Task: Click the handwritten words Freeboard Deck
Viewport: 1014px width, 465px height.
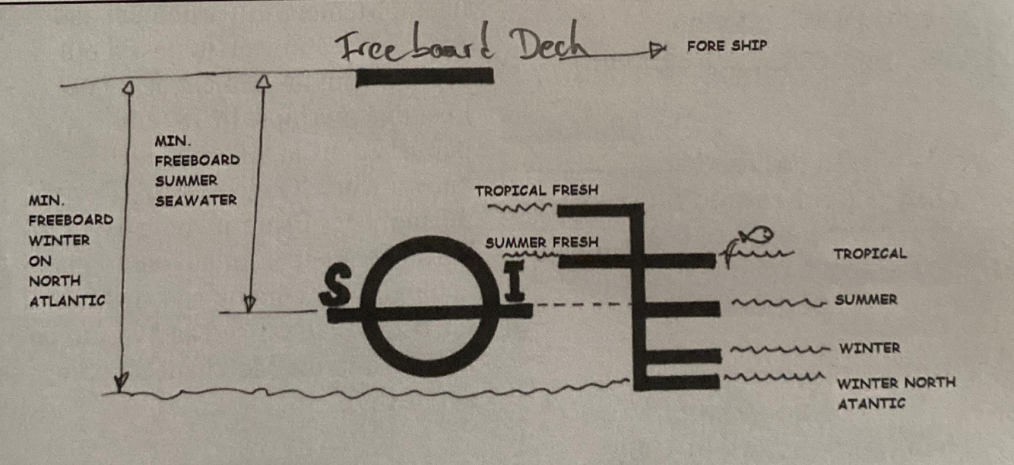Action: (x=464, y=47)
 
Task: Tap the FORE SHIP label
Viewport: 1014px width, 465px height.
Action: (x=727, y=46)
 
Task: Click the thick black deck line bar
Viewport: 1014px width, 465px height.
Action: (x=424, y=76)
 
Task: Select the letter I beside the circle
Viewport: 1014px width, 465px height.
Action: (x=516, y=287)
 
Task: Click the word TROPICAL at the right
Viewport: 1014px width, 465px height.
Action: (x=870, y=253)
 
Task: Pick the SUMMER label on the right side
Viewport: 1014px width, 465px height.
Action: (x=866, y=300)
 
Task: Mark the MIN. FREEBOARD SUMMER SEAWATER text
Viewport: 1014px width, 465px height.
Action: (x=196, y=170)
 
